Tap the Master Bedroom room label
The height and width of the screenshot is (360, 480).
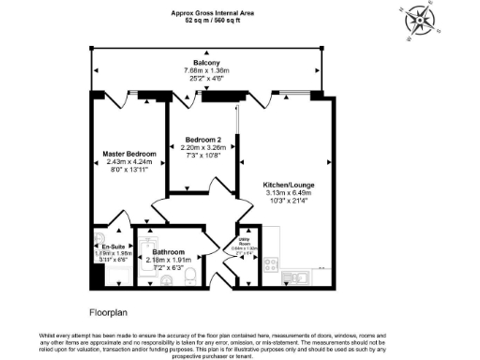point(128,154)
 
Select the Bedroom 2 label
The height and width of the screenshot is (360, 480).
point(202,139)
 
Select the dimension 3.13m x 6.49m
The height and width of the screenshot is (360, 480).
point(289,194)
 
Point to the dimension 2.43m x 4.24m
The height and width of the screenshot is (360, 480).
point(128,162)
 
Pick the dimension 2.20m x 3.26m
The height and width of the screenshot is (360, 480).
point(202,147)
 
